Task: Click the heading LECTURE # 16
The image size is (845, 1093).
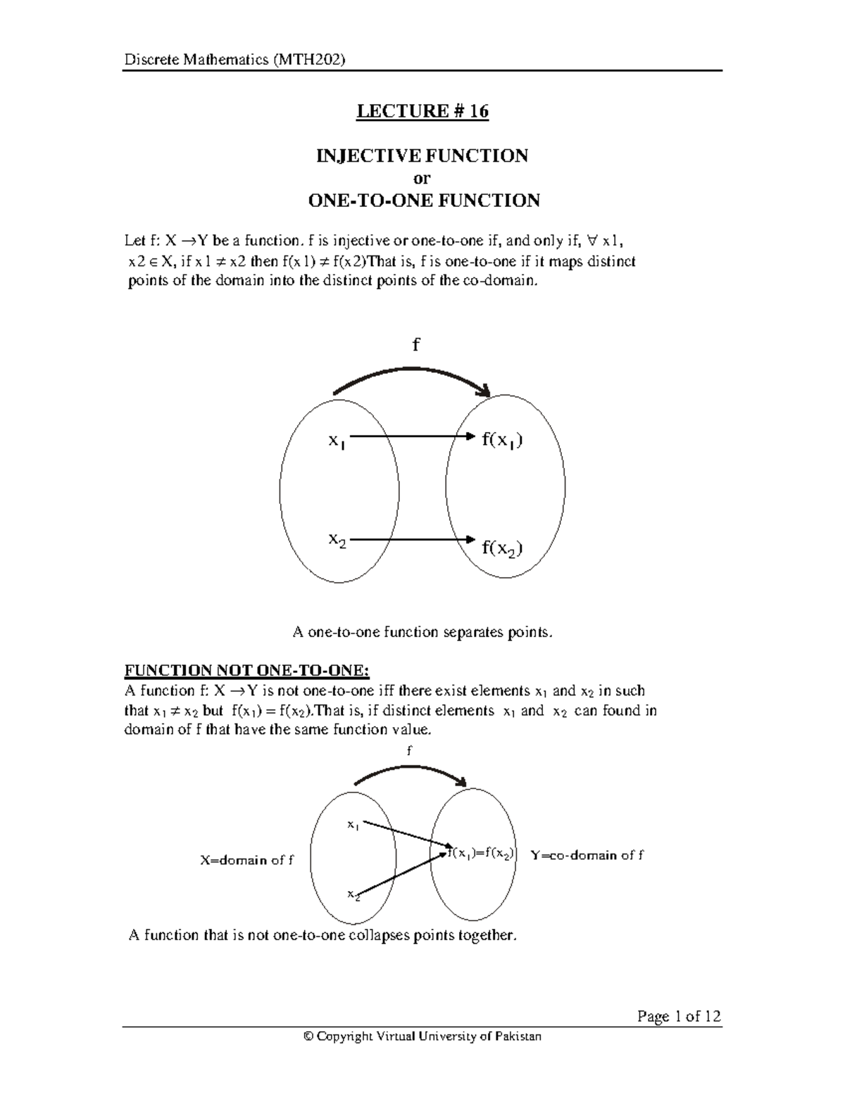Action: click(423, 112)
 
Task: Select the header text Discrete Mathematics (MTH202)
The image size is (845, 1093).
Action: click(234, 60)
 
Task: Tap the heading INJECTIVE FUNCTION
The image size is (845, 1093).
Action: click(423, 156)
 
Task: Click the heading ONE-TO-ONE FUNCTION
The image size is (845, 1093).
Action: click(424, 201)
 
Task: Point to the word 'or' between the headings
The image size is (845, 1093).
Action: click(422, 178)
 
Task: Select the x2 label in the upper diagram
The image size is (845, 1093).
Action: click(337, 541)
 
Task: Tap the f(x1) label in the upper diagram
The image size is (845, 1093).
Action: click(502, 441)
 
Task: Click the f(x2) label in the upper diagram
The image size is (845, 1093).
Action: click(502, 548)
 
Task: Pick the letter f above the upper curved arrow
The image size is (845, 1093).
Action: click(415, 345)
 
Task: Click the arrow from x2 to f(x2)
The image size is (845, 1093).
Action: click(408, 540)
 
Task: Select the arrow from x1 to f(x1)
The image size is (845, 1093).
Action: click(408, 436)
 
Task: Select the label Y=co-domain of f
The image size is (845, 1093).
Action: click(587, 855)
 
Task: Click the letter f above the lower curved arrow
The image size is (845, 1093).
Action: click(409, 751)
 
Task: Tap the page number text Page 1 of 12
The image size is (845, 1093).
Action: click(679, 1016)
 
